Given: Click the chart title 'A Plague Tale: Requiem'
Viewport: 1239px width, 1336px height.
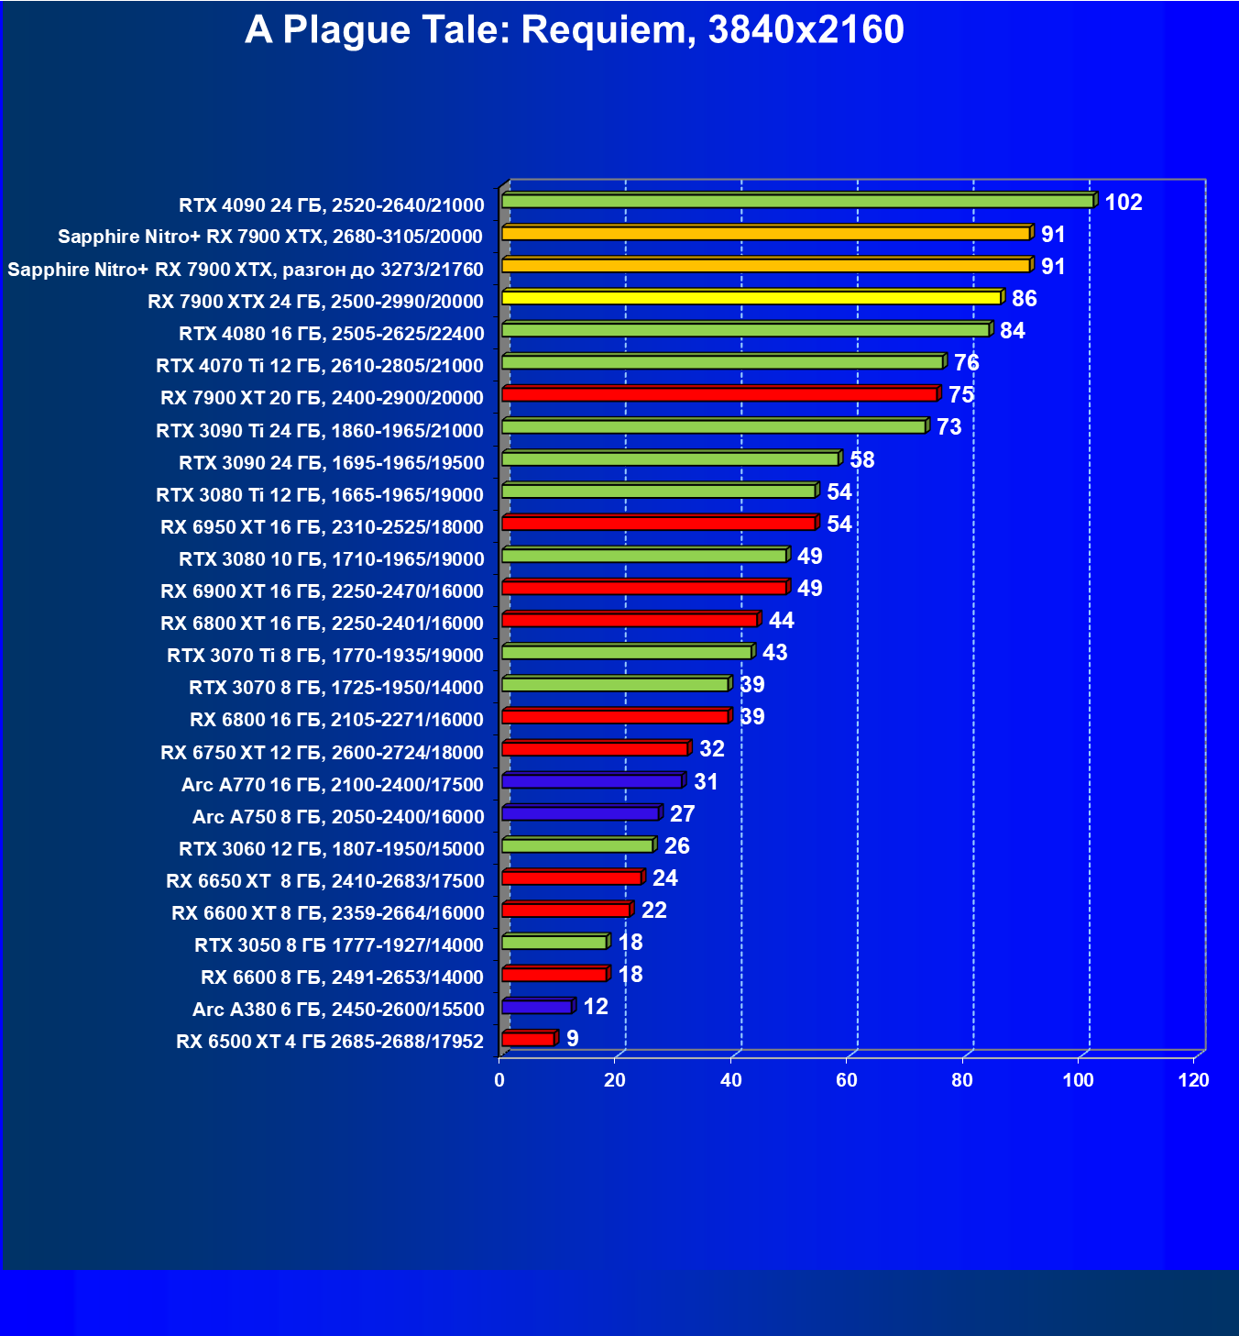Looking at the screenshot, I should pyautogui.click(x=574, y=30).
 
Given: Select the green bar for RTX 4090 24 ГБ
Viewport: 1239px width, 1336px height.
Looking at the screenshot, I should pyautogui.click(x=797, y=201).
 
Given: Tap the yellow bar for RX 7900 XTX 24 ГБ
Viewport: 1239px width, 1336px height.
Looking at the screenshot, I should pyautogui.click(x=751, y=298).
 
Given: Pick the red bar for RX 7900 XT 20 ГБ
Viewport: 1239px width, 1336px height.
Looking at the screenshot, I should pyautogui.click(x=719, y=394).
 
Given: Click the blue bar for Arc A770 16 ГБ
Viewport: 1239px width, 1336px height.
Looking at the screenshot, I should pyautogui.click(x=592, y=781).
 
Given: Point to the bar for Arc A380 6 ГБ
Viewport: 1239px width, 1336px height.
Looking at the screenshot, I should pyautogui.click(x=537, y=1007).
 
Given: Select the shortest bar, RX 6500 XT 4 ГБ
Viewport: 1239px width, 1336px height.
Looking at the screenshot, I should pyautogui.click(x=529, y=1039).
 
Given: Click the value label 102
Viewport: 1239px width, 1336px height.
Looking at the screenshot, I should pyautogui.click(x=1123, y=203).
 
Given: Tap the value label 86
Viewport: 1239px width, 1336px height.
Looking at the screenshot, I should pyautogui.click(x=1024, y=299).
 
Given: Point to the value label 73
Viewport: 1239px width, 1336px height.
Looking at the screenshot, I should pyautogui.click(x=948, y=427).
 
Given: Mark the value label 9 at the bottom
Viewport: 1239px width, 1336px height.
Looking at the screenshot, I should pyautogui.click(x=573, y=1039).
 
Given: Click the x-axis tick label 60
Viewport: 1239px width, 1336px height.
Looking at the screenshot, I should pyautogui.click(x=847, y=1080).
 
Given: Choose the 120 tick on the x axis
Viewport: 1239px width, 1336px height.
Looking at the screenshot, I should pyautogui.click(x=1193, y=1080).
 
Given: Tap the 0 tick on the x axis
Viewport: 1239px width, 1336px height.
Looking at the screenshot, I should pyautogui.click(x=499, y=1080).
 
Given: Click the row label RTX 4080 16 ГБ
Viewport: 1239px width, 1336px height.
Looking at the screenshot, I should pyautogui.click(x=331, y=334).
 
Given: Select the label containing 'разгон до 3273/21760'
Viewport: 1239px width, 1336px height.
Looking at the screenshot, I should pyautogui.click(x=245, y=270).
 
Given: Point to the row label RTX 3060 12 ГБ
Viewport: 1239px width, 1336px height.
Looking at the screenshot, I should pyautogui.click(x=331, y=849).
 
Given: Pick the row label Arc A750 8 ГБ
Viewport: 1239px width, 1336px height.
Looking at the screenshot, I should pyautogui.click(x=337, y=817).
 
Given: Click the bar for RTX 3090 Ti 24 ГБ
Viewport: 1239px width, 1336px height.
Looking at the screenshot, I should pyautogui.click(x=714, y=426).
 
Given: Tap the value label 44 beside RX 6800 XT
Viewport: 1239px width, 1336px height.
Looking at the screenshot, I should pyautogui.click(x=781, y=621).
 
